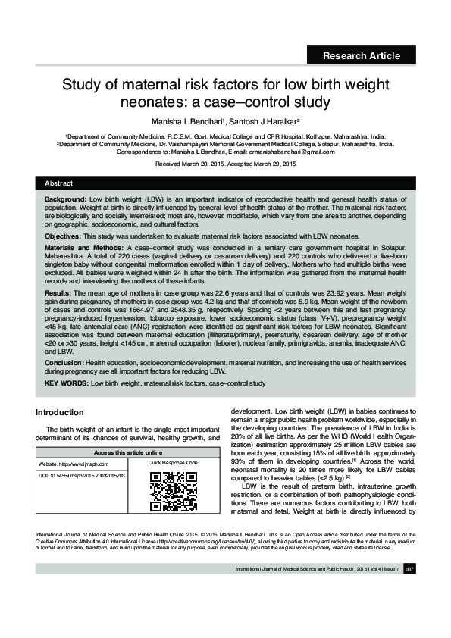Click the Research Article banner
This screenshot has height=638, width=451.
[x=361, y=55]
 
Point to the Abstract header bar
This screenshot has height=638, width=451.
[x=225, y=183]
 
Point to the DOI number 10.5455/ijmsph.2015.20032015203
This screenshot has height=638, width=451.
[x=82, y=474]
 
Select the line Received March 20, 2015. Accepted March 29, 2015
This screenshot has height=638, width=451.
[x=225, y=164]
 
